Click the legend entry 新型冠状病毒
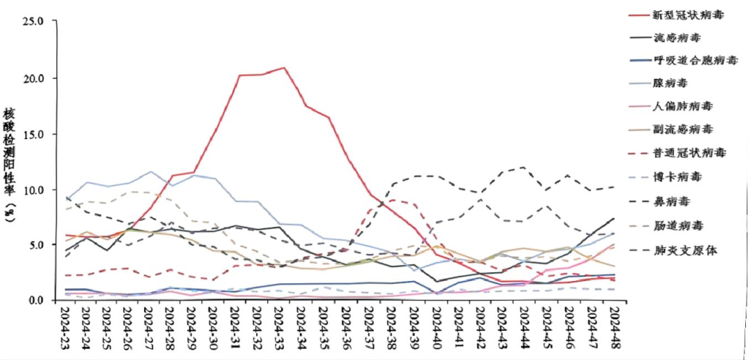(679, 15)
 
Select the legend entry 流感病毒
(669, 37)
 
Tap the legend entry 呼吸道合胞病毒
(684, 60)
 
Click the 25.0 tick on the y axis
(33, 21)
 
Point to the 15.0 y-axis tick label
(33, 134)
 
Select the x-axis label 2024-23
(64, 330)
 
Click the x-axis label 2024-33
(280, 330)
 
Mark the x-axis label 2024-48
(614, 330)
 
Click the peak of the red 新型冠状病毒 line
(283, 68)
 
